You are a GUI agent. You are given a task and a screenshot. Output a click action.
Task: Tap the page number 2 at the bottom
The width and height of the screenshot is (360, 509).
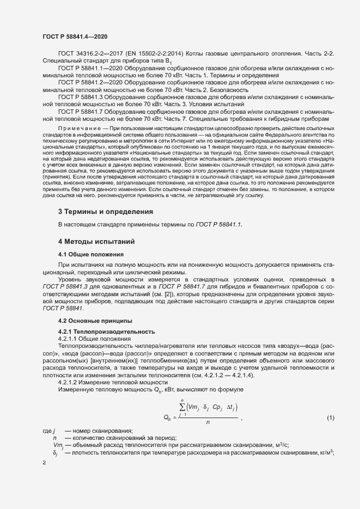click(44, 462)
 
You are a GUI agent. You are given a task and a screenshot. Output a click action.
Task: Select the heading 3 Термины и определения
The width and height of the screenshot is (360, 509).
click(105, 211)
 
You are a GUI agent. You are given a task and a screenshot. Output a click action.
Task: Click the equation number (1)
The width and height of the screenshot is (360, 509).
click(330, 418)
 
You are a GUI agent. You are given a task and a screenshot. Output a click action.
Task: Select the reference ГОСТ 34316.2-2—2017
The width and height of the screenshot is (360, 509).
click(87, 54)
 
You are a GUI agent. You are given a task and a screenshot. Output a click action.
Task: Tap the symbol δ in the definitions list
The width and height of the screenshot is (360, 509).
click(56, 453)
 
